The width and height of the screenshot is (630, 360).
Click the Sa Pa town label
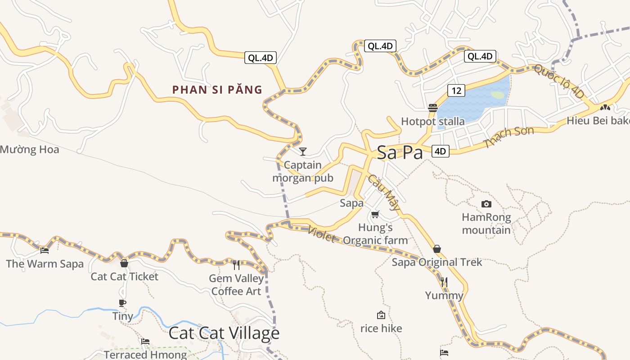(400, 153)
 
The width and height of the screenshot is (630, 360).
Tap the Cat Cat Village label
(224, 333)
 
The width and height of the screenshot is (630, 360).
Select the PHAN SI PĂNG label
(217, 90)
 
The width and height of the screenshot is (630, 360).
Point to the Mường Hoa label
(29, 149)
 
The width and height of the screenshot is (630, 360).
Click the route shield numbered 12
(456, 90)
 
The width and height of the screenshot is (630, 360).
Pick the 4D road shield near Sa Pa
(440, 151)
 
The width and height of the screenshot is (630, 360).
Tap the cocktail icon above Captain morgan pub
(303, 151)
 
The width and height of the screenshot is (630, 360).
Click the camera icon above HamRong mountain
(486, 204)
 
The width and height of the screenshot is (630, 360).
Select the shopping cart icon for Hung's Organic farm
(375, 214)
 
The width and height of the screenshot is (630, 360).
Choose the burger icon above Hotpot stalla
(433, 108)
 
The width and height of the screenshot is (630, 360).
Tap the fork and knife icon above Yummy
(444, 282)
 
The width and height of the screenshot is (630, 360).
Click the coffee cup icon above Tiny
(122, 303)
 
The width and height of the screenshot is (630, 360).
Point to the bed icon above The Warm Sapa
(44, 251)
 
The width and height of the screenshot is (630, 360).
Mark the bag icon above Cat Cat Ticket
(124, 263)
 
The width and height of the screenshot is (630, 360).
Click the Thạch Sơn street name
(508, 137)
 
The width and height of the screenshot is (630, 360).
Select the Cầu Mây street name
(384, 192)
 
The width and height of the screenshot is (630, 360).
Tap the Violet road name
(322, 234)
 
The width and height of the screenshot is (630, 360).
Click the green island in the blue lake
(497, 95)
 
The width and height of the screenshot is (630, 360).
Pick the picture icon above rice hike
(381, 315)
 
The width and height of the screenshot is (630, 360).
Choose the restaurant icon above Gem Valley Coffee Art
(236, 265)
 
